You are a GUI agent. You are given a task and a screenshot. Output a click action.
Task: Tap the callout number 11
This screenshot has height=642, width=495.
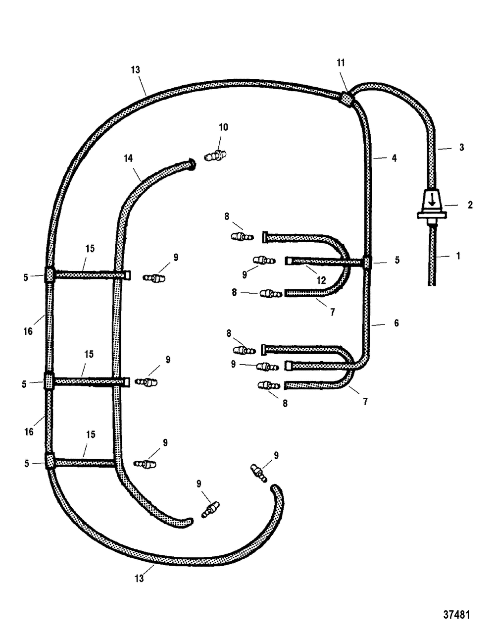(x=341, y=62)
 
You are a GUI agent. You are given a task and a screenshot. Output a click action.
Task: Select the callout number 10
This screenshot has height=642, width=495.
(x=223, y=127)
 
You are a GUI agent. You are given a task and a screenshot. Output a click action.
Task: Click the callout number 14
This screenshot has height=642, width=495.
(x=128, y=159)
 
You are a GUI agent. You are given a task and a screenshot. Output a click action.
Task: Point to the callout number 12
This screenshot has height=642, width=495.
(x=321, y=280)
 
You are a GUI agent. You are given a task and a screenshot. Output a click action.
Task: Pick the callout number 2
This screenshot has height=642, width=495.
(x=470, y=205)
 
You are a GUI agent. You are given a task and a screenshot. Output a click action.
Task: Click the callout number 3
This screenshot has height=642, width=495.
(x=462, y=147)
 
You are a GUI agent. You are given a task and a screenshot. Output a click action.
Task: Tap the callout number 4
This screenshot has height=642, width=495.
(x=394, y=159)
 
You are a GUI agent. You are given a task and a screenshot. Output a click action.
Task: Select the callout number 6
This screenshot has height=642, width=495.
(x=396, y=323)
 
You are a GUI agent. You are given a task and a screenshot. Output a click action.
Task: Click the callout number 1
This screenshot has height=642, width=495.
(x=458, y=256)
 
